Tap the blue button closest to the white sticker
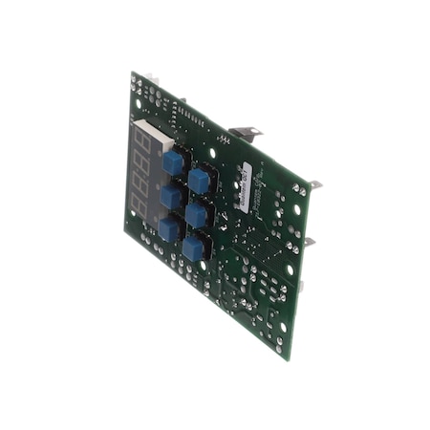(200, 180)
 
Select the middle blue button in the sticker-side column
(198, 215)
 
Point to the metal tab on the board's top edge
(245, 134)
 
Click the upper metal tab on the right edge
(314, 185)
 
